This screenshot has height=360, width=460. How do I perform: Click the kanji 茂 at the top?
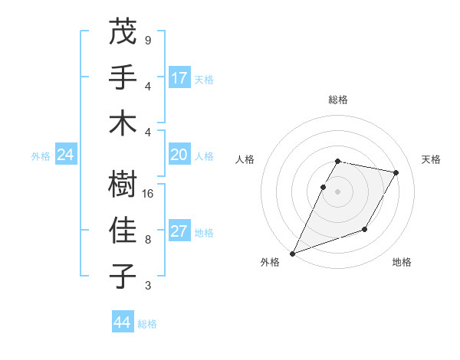click(123, 33)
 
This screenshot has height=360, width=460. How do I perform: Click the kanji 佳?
click(123, 231)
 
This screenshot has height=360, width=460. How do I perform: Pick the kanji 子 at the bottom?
click(123, 275)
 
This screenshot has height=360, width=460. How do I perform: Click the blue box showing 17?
click(179, 77)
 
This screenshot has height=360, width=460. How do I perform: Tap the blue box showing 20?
click(179, 155)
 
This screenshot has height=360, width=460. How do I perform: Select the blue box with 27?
click(179, 231)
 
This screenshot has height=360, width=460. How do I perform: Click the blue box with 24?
click(65, 155)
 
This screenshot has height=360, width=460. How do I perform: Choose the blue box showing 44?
click(122, 322)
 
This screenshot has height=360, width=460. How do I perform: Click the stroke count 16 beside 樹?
click(149, 194)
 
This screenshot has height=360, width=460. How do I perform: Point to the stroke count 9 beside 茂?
click(147, 40)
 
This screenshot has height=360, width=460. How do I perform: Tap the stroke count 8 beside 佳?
click(147, 239)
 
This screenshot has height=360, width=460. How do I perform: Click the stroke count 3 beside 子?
click(147, 286)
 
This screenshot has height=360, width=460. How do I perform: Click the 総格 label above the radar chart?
click(338, 100)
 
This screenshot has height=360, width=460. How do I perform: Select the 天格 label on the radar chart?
click(431, 159)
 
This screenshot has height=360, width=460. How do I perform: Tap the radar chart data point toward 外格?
click(292, 253)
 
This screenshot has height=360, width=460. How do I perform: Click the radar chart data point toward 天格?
click(396, 172)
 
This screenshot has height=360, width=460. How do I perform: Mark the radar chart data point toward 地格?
click(365, 229)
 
